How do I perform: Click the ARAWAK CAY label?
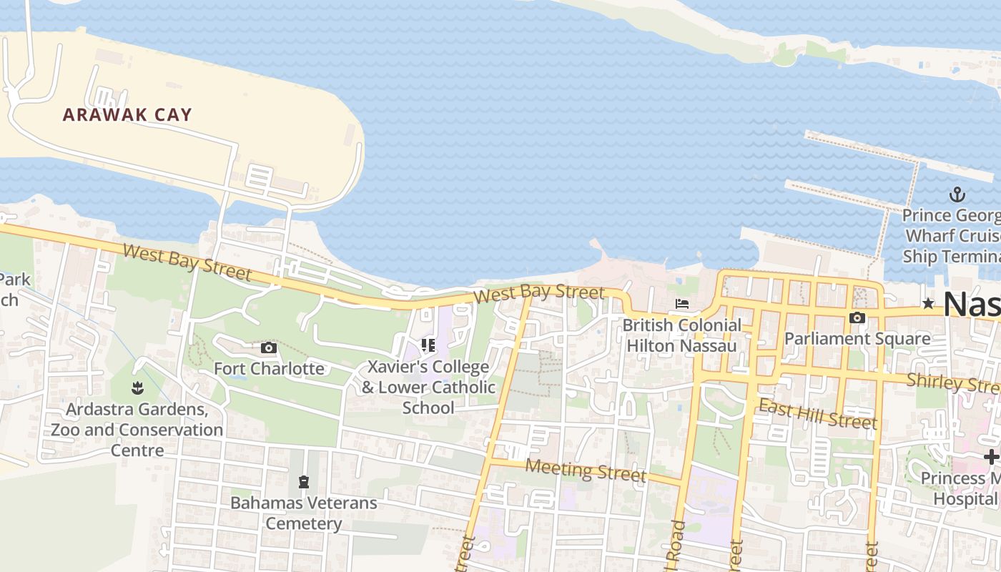[127, 114]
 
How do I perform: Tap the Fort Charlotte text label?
[269, 369]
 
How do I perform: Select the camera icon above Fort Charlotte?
[269, 348]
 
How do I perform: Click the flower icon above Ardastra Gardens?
[137, 388]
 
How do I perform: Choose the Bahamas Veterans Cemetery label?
[303, 513]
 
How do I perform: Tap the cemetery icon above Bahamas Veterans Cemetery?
[304, 482]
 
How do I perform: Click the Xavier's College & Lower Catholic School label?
[428, 387]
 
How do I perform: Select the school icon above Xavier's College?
[428, 346]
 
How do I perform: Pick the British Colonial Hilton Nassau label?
[681, 335]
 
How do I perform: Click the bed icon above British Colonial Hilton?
[682, 304]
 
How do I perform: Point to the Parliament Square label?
[857, 338]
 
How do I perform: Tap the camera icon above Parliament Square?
[857, 317]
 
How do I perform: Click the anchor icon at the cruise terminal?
[957, 194]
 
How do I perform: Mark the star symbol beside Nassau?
[928, 304]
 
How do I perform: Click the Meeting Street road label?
[586, 470]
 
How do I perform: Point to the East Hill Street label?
[817, 415]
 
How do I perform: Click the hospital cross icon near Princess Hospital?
[991, 457]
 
